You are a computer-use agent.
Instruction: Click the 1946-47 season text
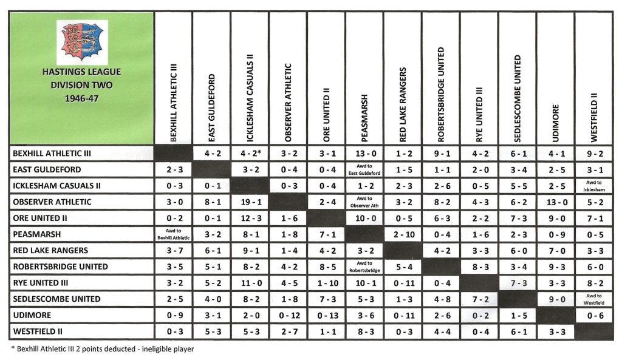81,98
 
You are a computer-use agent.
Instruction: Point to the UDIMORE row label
31,316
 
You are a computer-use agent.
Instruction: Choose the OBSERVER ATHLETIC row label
52,202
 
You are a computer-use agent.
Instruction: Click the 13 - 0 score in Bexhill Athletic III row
364,154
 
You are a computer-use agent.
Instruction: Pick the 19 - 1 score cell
250,202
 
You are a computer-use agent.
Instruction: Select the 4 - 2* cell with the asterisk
250,154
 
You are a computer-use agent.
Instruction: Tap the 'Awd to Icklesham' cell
593,186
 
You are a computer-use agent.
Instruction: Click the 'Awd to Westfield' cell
593,299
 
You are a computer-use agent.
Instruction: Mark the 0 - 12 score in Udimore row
288,316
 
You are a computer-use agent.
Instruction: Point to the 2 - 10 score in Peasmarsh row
402,234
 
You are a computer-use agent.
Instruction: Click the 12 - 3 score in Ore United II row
250,219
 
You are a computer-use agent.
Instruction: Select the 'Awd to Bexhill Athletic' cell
173,234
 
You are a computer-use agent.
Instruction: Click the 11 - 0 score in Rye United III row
250,283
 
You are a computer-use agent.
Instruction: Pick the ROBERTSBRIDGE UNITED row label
60,267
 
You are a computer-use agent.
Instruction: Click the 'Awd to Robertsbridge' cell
364,267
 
